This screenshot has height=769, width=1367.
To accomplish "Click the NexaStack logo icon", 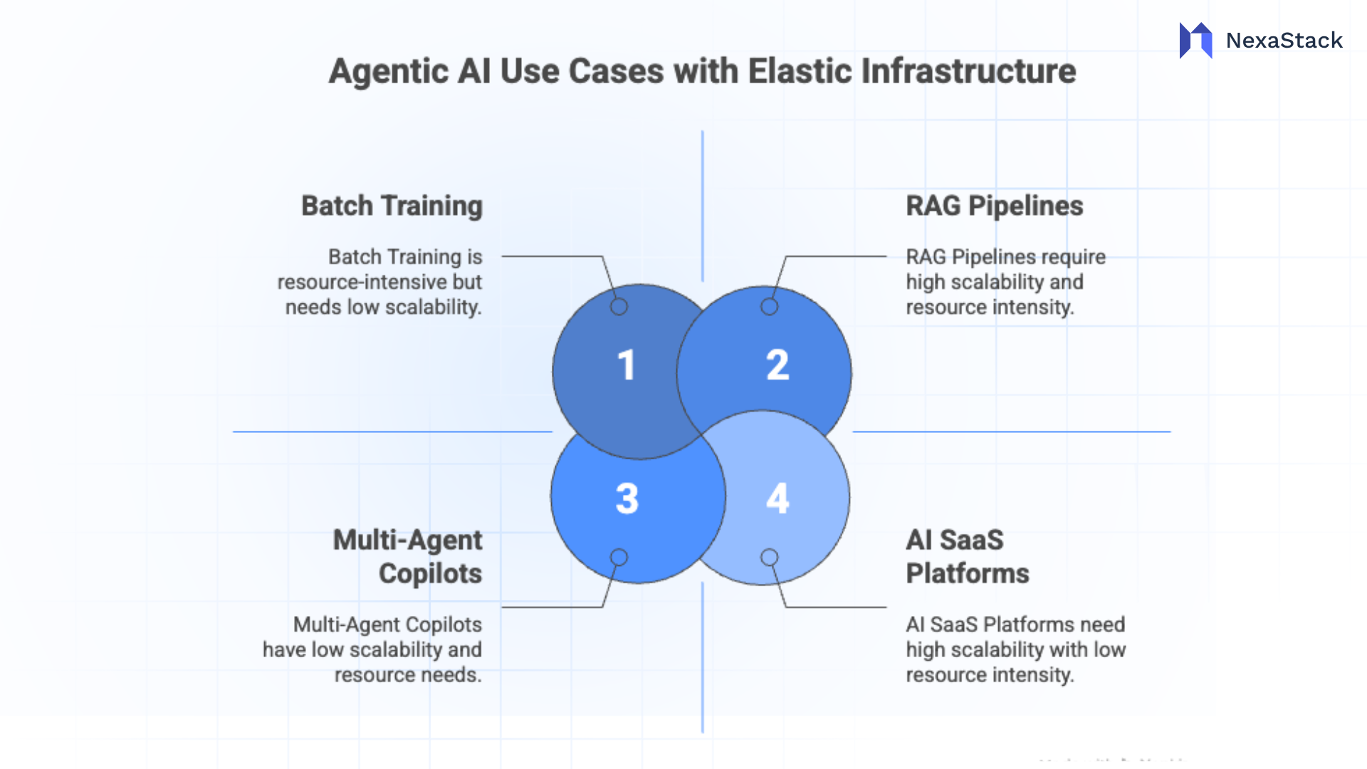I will click(1195, 41).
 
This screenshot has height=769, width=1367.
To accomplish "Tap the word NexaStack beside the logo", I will click(1284, 41).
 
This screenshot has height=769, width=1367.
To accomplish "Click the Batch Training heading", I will click(392, 206).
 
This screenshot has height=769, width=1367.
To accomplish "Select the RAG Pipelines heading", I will click(994, 206).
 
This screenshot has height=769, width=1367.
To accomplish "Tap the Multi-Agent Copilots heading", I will click(408, 557).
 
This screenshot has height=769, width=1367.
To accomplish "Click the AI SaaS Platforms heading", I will click(967, 557).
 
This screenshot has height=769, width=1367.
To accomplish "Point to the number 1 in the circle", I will click(626, 365).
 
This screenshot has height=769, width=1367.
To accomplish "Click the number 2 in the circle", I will click(777, 365).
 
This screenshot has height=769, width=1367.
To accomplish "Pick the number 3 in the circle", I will click(627, 498).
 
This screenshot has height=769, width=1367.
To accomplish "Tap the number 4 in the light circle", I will click(777, 498).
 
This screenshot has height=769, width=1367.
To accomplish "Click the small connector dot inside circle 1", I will click(619, 307).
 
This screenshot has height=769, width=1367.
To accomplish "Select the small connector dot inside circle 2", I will click(769, 307).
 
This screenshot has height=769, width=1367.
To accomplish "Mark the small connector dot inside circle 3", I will click(619, 557).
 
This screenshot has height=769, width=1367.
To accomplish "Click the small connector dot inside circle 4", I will click(769, 557).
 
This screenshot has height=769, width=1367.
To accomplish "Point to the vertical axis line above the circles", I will click(702, 206).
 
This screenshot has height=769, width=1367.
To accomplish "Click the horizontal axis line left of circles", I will click(392, 431).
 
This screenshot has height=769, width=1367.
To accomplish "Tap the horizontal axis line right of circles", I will click(1011, 431).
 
